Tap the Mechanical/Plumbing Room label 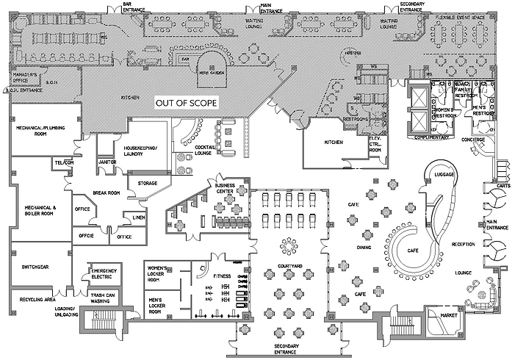click(x=42, y=132)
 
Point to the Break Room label click(x=106, y=192)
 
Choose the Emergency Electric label click(x=102, y=273)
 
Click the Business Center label click(x=225, y=187)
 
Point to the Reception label click(x=464, y=243)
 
